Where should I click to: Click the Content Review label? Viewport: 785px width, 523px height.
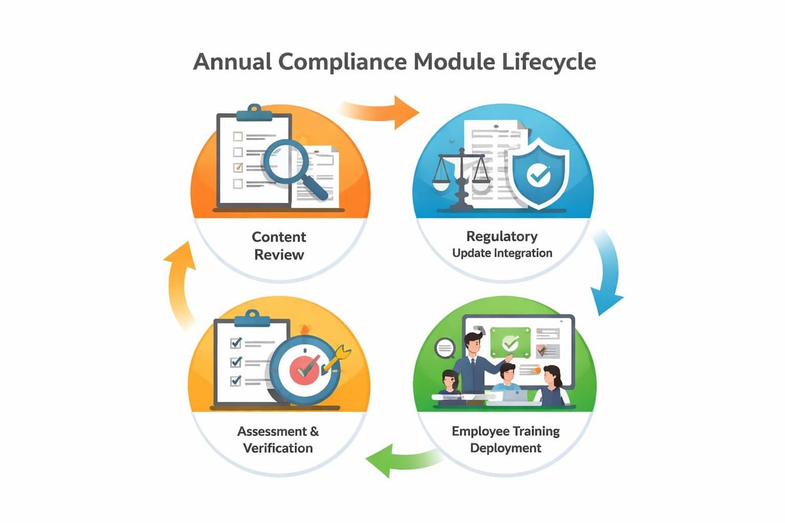tap(279, 245)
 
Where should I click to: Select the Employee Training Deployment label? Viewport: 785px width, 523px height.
tap(506, 439)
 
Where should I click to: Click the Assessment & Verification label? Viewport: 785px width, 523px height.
tap(278, 439)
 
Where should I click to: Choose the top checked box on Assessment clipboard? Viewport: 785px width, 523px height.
tap(235, 342)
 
